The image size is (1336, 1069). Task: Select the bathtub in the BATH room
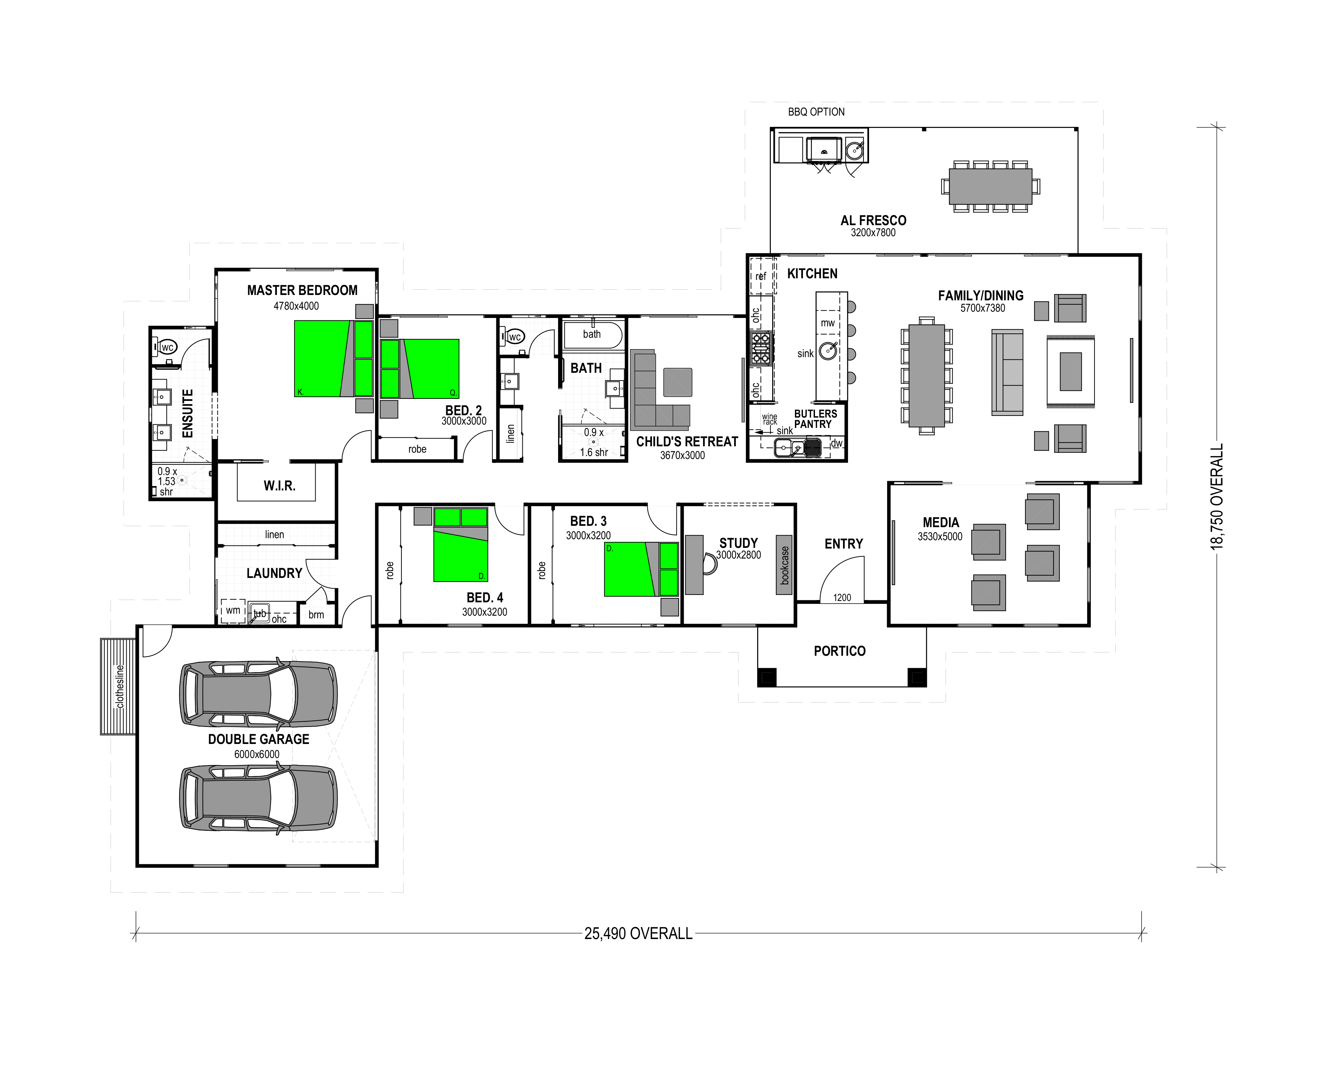tap(593, 335)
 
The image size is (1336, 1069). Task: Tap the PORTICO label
tap(840, 651)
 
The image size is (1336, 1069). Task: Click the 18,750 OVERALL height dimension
tap(1218, 496)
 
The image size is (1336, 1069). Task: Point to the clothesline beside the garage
tap(118, 686)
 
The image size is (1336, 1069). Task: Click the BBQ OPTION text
tap(816, 112)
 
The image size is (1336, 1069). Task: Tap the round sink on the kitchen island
tap(829, 351)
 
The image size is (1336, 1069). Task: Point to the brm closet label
tap(316, 615)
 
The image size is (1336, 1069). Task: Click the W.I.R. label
tap(280, 486)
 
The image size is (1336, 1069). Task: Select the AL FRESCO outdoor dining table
tap(990, 186)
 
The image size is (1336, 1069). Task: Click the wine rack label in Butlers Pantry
tap(770, 420)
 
